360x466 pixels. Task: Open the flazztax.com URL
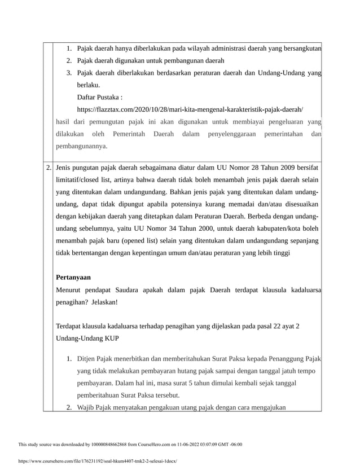pos(190,109)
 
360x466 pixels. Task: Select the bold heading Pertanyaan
pos(73,278)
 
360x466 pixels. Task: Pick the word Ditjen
pos(87,358)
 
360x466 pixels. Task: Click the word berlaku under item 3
pos(89,85)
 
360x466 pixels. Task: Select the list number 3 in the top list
pos(68,73)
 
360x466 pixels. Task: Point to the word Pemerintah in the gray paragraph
pos(129,134)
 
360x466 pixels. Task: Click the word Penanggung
pos(278,358)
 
